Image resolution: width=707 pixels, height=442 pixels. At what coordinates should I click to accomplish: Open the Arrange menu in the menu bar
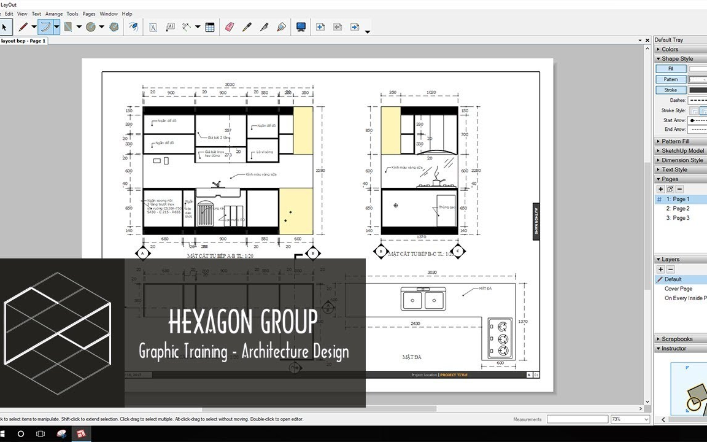(x=54, y=14)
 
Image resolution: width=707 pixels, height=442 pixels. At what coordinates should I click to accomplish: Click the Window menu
(x=109, y=14)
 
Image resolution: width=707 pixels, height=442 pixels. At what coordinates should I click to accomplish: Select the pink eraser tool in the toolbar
(x=230, y=27)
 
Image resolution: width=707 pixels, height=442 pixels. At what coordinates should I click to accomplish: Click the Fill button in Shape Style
(x=671, y=69)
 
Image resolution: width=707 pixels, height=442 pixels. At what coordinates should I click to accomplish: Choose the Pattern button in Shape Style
(x=671, y=79)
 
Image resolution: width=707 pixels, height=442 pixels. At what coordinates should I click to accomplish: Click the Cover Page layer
(x=678, y=289)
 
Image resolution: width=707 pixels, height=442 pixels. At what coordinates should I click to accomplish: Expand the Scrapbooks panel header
(x=677, y=339)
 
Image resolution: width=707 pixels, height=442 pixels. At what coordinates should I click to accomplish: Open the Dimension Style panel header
(x=682, y=160)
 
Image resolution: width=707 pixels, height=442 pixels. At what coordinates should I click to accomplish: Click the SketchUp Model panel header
(x=682, y=151)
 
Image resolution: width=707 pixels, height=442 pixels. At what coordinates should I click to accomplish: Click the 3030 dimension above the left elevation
(x=230, y=85)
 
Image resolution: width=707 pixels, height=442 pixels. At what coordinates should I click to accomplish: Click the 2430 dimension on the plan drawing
(x=415, y=324)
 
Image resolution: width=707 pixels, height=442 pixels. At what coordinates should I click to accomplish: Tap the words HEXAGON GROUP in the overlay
(x=243, y=322)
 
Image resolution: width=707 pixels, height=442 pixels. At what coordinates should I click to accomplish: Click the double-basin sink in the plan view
(x=423, y=300)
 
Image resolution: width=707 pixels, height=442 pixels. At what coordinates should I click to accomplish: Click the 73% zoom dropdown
(x=629, y=419)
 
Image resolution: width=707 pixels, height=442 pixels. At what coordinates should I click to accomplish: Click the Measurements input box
(x=577, y=419)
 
